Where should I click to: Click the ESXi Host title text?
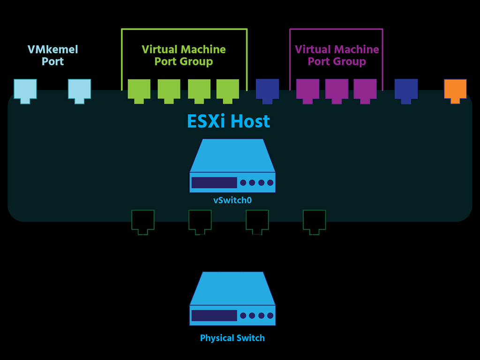[x=228, y=121]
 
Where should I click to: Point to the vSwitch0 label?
[x=232, y=200]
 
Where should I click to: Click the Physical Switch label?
[x=232, y=338]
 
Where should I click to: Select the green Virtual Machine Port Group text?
[x=184, y=55]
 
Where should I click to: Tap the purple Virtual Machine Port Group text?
[x=337, y=55]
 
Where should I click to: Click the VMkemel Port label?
[x=52, y=55]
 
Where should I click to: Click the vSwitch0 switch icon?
[x=232, y=166]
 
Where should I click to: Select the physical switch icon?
[x=232, y=300]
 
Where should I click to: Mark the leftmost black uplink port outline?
[x=142, y=221]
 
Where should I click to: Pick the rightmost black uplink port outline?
[x=314, y=221]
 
